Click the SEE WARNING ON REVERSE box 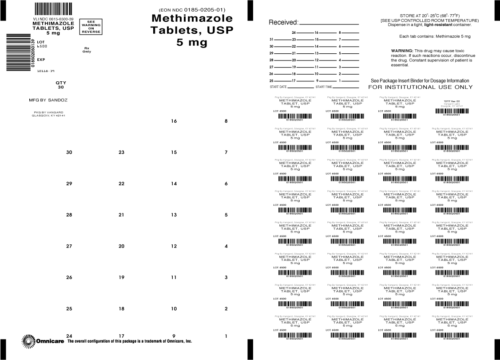pyautogui.click(x=91, y=27)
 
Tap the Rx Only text pyautogui.click(x=87, y=50)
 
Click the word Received pyautogui.click(x=283, y=23)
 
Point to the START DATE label pyautogui.click(x=278, y=87)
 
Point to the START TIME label pyautogui.click(x=324, y=87)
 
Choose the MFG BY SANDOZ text pyautogui.click(x=48, y=100)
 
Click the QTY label pyautogui.click(x=61, y=83)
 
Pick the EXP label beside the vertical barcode pyautogui.click(x=41, y=59)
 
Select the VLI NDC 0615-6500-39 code pyautogui.click(x=53, y=19)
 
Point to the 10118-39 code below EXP pyautogui.click(x=46, y=70)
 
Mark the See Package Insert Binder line pyautogui.click(x=420, y=81)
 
